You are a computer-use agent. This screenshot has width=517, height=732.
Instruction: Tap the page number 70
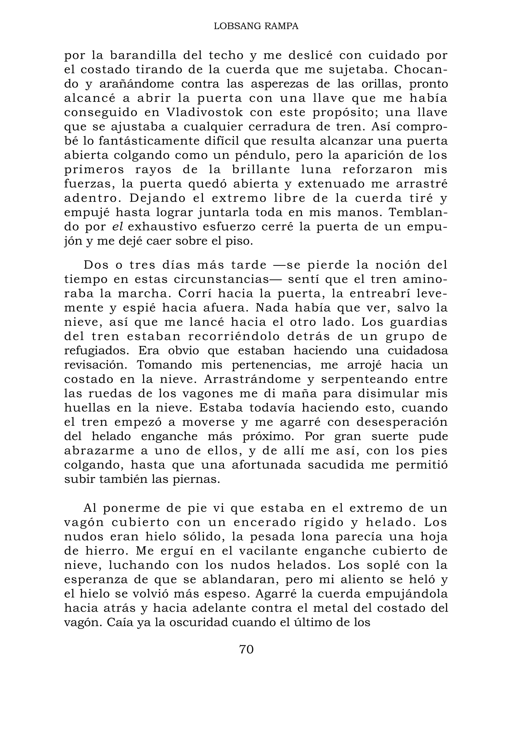click(x=246, y=649)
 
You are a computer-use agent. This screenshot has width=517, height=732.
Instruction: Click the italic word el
click(x=118, y=227)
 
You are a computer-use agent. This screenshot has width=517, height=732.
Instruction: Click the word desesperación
click(x=402, y=422)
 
